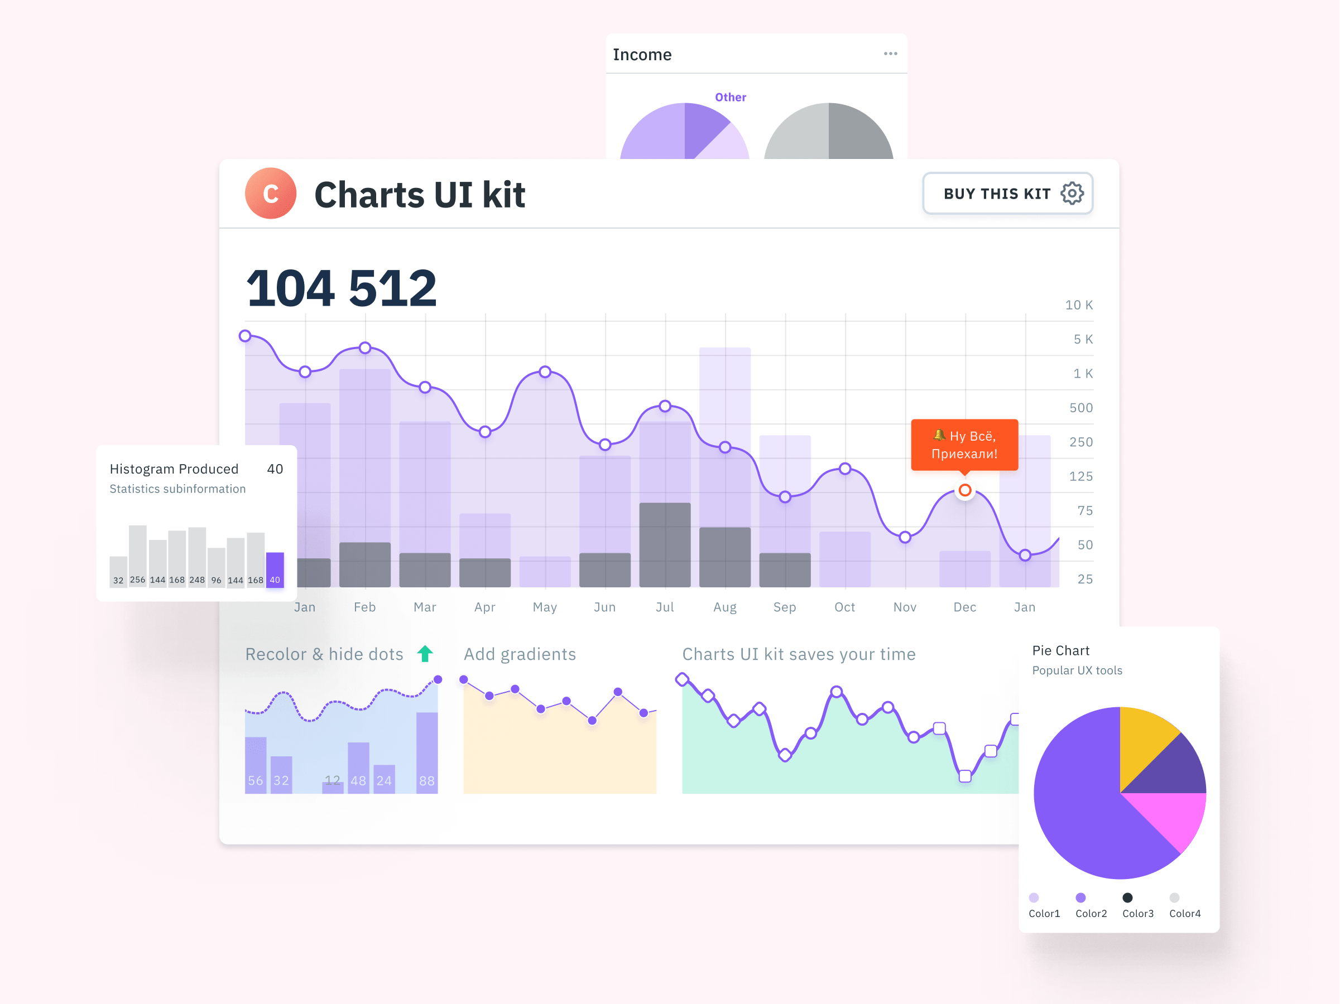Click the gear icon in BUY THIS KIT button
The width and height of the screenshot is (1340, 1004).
[x=1072, y=193]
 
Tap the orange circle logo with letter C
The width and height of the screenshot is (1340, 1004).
[x=270, y=193]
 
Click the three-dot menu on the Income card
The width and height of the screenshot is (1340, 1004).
[x=890, y=54]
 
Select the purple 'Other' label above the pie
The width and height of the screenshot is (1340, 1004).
[x=730, y=97]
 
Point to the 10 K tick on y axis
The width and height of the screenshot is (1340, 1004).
[x=1078, y=305]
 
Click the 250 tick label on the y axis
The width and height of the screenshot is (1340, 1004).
[x=1080, y=442]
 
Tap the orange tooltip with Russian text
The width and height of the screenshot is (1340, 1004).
[x=964, y=445]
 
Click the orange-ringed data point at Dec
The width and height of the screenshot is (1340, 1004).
[x=964, y=490]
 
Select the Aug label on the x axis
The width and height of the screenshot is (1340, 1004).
[x=724, y=607]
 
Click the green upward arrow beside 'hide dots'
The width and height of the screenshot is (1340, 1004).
[x=425, y=653]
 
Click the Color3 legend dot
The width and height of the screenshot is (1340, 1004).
[x=1127, y=897]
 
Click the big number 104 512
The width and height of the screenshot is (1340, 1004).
[x=341, y=288]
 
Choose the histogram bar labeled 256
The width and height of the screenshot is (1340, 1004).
[x=137, y=554]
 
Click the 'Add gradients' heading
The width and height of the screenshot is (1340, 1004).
[x=519, y=654]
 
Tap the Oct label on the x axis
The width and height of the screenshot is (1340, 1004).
[x=844, y=607]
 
